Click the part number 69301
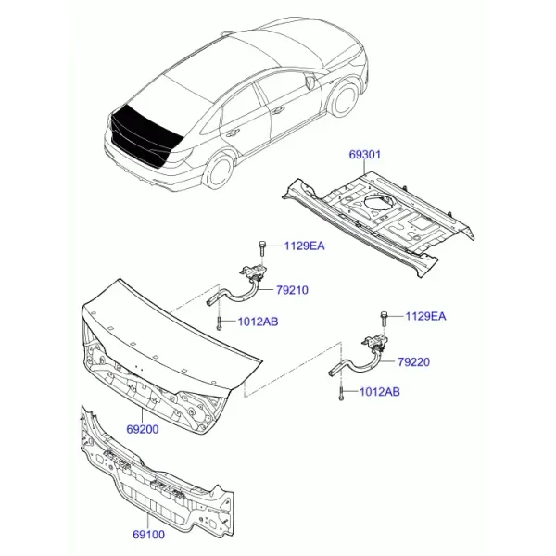(x=364, y=155)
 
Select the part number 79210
(x=292, y=290)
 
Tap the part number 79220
(x=413, y=362)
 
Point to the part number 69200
(x=143, y=429)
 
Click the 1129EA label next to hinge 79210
(x=304, y=246)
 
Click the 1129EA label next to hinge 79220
(x=425, y=316)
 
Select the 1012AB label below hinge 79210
(x=258, y=322)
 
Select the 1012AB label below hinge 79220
(x=379, y=392)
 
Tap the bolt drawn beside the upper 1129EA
(x=261, y=248)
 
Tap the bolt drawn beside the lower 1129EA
(x=384, y=319)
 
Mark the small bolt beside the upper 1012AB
(x=219, y=323)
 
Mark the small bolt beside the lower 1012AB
(x=340, y=394)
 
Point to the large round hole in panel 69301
(x=379, y=205)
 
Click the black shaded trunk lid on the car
(x=146, y=132)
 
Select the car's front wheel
(x=343, y=98)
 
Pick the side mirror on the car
(x=310, y=81)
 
